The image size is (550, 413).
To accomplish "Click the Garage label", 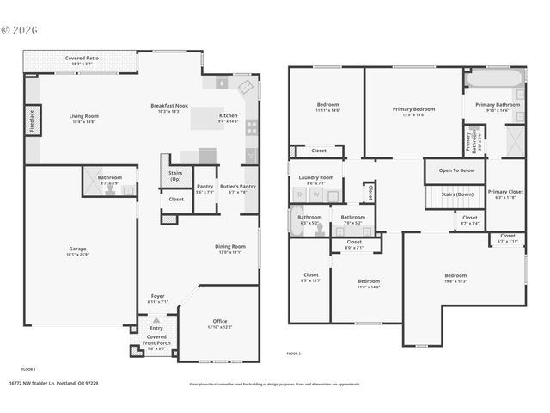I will click(x=77, y=251).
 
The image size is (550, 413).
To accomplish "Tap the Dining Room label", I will click(x=229, y=249).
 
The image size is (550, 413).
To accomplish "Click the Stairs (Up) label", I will click(x=175, y=175).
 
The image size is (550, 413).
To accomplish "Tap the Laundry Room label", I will click(x=315, y=179).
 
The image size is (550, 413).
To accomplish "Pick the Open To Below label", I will click(x=456, y=170).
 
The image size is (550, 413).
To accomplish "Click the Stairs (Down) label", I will click(x=457, y=194).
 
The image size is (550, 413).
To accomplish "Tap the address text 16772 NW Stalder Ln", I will click(x=53, y=384).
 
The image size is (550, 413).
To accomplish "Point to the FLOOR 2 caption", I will click(x=295, y=354).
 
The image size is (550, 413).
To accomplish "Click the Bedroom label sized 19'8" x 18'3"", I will click(x=455, y=278).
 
